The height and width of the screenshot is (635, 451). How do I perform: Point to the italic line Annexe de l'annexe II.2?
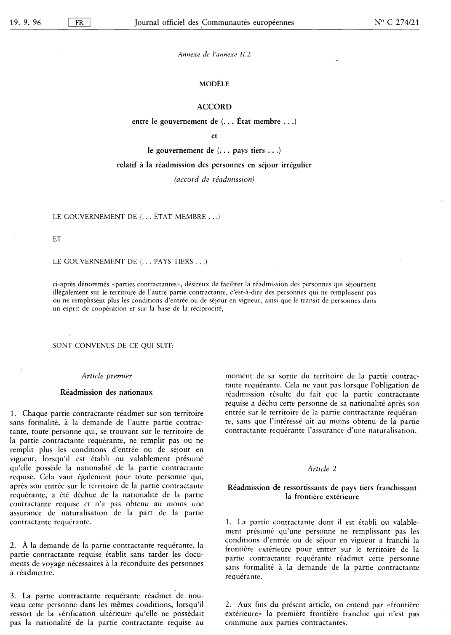tap(214, 54)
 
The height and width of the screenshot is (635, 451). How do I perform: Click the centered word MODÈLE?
tap(214, 84)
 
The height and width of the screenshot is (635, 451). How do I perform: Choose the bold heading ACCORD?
tap(214, 107)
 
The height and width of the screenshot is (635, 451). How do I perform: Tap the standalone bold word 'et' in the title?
tap(214, 136)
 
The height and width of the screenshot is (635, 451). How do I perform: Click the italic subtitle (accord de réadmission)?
tap(214, 179)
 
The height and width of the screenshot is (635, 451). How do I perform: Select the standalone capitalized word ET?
tap(57, 239)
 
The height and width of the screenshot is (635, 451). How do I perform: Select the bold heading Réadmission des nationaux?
tap(107, 392)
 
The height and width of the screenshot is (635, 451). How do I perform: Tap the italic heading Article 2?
tap(322, 468)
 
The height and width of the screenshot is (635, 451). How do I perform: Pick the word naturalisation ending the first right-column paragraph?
tap(392, 430)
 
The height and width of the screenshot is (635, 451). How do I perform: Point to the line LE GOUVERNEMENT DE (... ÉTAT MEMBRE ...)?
tap(137, 217)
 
